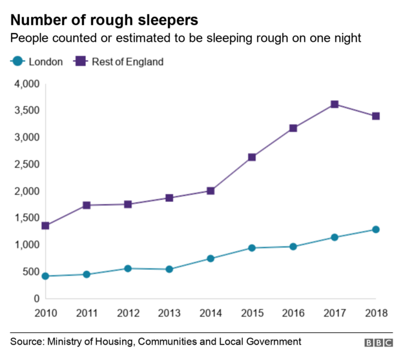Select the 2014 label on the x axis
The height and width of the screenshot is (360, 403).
tap(211, 313)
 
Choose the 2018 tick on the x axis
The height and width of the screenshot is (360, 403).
tap(375, 313)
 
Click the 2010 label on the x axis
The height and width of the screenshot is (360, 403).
tap(45, 313)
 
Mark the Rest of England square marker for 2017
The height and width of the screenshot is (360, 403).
tap(335, 105)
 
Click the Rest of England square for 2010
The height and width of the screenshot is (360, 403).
tap(45, 226)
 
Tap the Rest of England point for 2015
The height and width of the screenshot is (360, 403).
tap(252, 157)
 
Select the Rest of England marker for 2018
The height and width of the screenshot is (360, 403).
tap(376, 116)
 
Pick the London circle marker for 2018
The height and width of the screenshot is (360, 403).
tap(376, 230)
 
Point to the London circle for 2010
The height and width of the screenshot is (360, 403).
tap(45, 276)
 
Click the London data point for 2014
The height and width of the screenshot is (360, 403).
tap(211, 259)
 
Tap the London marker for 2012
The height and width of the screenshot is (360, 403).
tap(128, 268)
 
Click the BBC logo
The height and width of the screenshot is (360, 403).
tap(377, 342)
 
